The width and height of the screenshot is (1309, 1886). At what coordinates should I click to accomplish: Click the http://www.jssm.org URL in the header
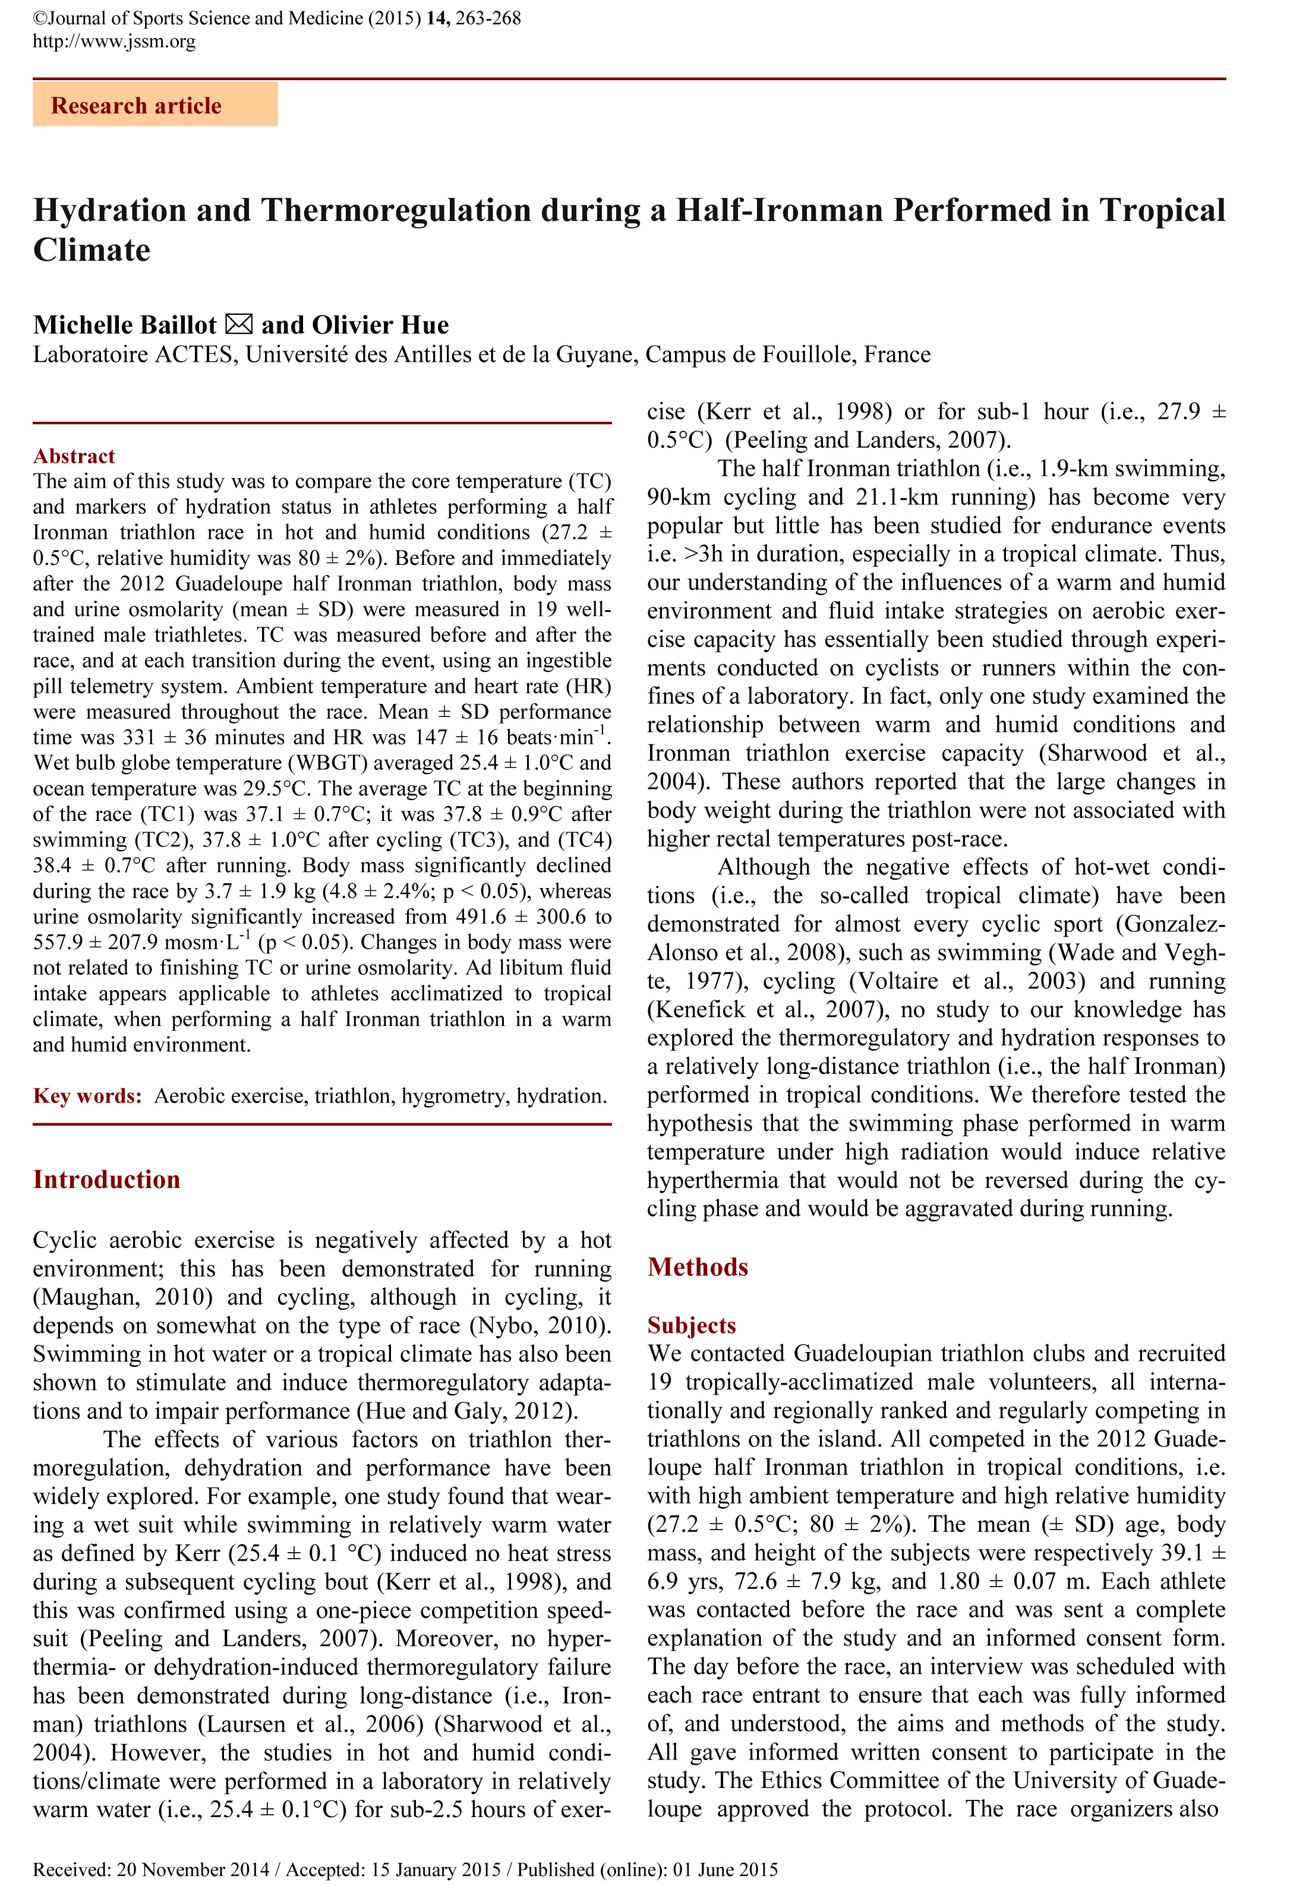pos(114,41)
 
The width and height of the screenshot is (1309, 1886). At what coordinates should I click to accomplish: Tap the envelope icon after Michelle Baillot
pos(239,325)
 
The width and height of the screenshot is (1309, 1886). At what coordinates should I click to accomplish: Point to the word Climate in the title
pos(92,249)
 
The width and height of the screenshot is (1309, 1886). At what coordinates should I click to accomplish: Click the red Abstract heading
pos(74,456)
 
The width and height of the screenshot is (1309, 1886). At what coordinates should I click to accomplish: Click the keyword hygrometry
pos(453,1097)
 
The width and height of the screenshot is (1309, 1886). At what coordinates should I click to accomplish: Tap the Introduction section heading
pos(106,1180)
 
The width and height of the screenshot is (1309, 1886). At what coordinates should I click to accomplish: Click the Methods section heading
pos(698,1267)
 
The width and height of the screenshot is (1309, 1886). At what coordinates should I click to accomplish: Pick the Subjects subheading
pos(692,1325)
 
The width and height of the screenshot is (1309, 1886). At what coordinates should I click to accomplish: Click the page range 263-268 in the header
pos(488,18)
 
